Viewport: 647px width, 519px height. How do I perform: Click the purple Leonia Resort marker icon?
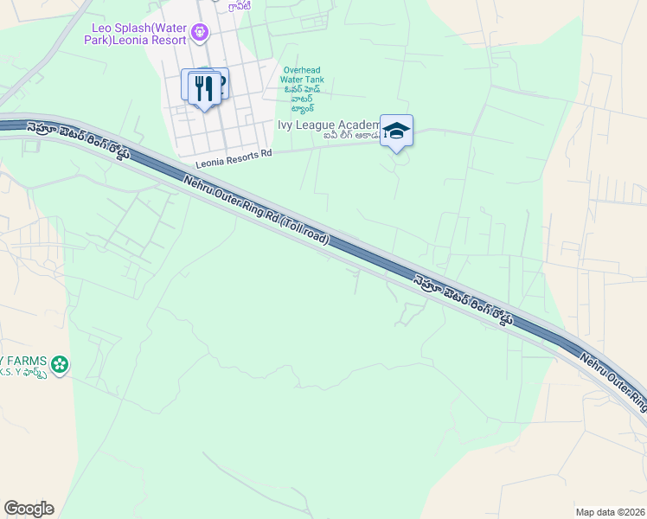(201, 33)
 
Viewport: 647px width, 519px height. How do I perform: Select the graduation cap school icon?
(396, 131)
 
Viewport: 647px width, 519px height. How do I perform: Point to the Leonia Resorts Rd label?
(234, 157)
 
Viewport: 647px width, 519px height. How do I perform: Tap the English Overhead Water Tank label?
(302, 75)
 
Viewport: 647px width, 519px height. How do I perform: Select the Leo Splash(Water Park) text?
(138, 27)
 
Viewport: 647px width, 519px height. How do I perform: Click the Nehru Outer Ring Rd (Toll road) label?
(256, 212)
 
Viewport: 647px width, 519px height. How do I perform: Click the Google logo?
(29, 508)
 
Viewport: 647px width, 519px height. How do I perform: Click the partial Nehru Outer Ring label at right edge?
(615, 380)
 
